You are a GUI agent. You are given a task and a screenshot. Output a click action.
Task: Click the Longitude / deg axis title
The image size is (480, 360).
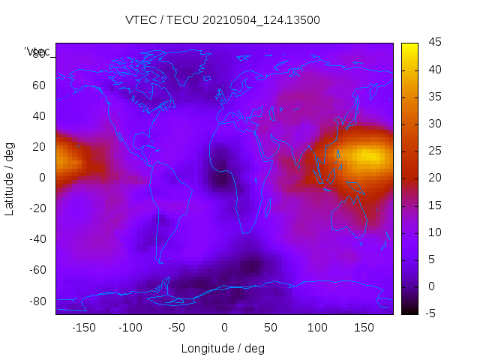tap(223, 348)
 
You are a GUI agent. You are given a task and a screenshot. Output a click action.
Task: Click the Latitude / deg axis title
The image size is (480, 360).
tap(10, 177)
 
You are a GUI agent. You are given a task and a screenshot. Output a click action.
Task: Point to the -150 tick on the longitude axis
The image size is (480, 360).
tap(84, 327)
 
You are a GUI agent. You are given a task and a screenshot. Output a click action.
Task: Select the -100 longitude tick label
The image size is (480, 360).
tap(130, 327)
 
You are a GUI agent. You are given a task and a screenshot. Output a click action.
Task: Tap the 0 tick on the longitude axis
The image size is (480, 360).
tap(223, 327)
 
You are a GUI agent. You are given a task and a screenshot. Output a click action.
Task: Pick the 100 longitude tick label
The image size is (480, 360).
tap(317, 327)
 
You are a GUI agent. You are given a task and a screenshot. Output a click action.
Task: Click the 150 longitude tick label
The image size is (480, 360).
tap(364, 327)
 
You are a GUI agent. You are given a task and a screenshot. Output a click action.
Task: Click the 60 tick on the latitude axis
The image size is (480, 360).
tap(39, 85)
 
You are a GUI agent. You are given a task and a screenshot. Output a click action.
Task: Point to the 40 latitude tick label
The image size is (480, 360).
tap(39, 115)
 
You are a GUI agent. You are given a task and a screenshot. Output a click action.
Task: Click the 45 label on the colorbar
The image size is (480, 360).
tap(434, 43)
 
